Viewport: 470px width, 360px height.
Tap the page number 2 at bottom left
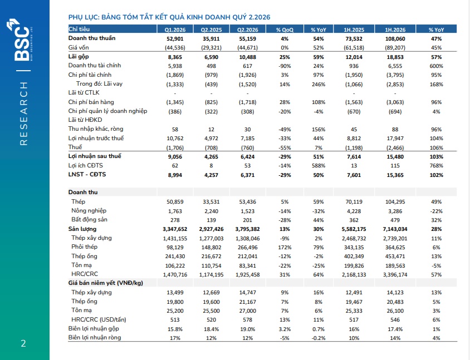tap(23, 343)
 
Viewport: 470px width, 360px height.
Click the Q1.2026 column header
tap(175, 29)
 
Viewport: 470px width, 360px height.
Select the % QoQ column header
tap(285, 29)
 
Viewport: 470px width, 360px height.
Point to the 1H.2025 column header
tap(354, 29)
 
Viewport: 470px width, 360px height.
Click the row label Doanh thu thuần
tap(92, 38)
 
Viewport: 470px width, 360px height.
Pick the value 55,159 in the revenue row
tap(248, 38)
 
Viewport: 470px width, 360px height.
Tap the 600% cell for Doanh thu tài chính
tap(436, 66)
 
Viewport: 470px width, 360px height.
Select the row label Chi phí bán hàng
tap(91, 102)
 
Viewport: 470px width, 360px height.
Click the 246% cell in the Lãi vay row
tap(319, 85)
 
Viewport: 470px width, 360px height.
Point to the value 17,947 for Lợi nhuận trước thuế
tap(395, 139)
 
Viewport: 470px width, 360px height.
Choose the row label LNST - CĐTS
tap(87, 174)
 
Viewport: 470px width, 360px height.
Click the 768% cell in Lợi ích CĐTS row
tap(436, 166)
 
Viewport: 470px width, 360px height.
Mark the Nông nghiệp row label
tap(89, 210)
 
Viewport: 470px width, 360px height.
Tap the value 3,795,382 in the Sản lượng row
tap(248, 229)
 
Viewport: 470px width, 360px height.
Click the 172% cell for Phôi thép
tap(285, 248)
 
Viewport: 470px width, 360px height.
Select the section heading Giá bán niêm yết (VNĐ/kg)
tap(105, 283)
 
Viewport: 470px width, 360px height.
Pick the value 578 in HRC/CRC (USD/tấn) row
tap(248, 320)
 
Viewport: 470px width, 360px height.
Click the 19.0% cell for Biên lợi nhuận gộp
tap(248, 329)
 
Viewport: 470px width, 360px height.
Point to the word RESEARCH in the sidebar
tap(24, 114)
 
